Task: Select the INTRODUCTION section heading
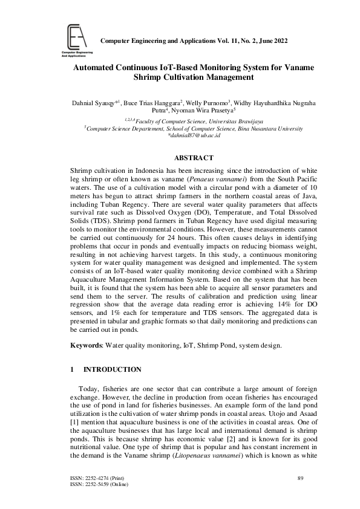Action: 112,369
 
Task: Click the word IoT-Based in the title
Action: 168,68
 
